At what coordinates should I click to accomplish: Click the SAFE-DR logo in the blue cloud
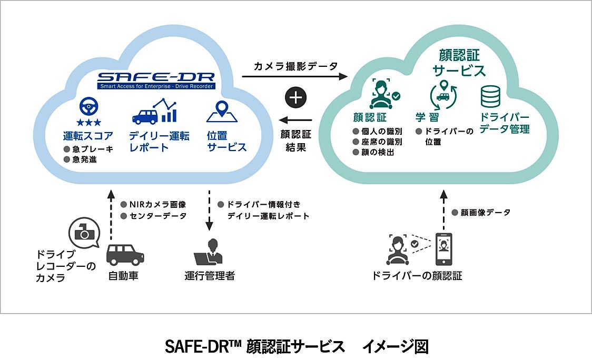(x=155, y=79)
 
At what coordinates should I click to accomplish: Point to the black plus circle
(x=296, y=98)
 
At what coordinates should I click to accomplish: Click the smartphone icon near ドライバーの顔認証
(x=443, y=248)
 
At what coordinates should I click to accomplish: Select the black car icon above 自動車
(x=125, y=255)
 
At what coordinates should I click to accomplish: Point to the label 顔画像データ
(x=485, y=213)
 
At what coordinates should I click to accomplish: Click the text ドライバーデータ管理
(x=505, y=123)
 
